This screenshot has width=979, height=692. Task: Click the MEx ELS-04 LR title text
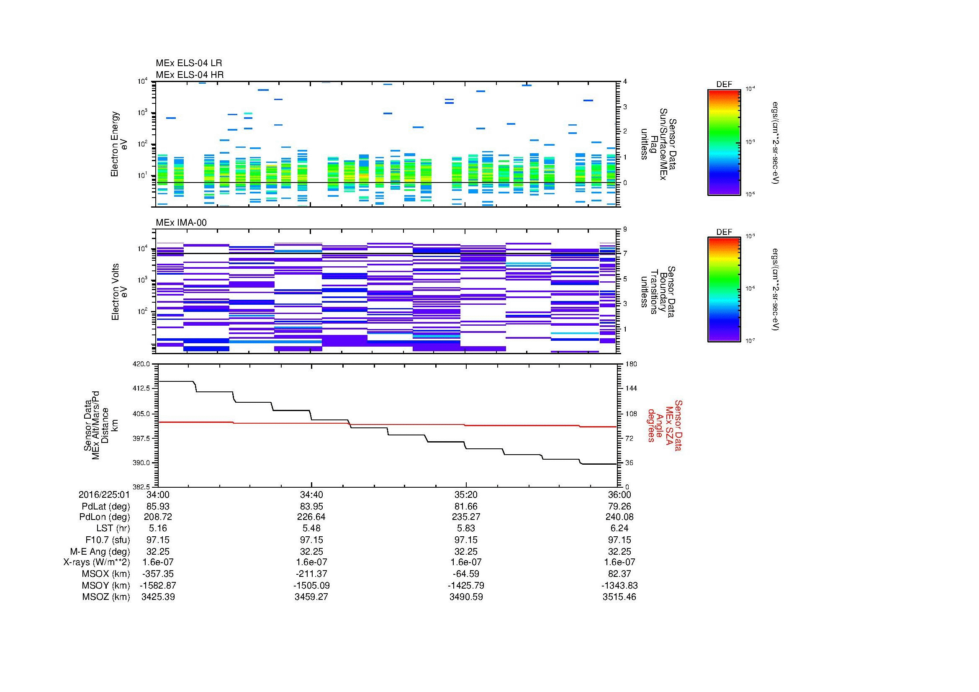[x=188, y=63]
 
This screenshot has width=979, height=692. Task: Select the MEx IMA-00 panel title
[x=181, y=223]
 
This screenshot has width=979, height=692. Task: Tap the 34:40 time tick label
[x=311, y=494]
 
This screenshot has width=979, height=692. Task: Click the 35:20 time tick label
[x=466, y=494]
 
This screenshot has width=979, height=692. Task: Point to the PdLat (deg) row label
[x=106, y=507]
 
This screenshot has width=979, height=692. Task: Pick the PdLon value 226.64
[x=311, y=517]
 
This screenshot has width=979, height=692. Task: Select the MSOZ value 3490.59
[x=466, y=597]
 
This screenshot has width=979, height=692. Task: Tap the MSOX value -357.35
[x=158, y=574]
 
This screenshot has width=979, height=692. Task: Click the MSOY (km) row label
[x=106, y=585]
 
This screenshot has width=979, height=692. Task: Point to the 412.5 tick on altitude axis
[x=141, y=388]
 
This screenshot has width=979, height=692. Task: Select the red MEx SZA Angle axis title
[x=664, y=425]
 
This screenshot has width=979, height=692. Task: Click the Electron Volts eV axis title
[x=119, y=292]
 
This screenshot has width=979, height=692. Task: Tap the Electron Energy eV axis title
[x=119, y=144]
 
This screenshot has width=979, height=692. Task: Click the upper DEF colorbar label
[x=724, y=85]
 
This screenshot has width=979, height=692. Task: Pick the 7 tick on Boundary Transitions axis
[x=625, y=254]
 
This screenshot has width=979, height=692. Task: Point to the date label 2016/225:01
[x=104, y=494]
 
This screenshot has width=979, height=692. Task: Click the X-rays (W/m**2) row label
[x=96, y=562]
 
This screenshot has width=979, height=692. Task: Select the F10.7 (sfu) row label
[x=108, y=540]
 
